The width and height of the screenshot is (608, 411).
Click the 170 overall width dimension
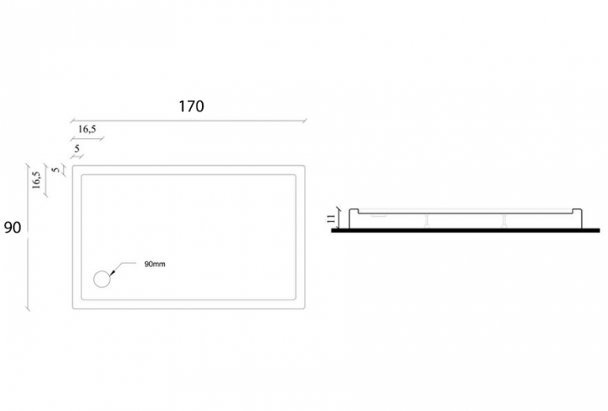coord(191,106)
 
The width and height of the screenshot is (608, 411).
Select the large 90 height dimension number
coord(13,228)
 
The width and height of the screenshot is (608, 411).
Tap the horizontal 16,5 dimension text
coord(87,130)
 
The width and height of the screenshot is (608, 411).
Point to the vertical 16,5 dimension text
coord(36,179)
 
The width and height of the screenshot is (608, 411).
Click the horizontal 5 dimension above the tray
coord(77,149)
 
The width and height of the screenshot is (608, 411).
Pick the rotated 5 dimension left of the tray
coord(56,170)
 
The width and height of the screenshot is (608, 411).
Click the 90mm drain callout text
coord(155,264)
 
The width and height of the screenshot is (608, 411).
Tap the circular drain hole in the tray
coord(102,279)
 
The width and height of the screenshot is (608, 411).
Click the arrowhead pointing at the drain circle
coord(112,273)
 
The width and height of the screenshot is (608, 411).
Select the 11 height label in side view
coord(331,218)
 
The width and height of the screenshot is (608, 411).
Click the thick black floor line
coord(465,231)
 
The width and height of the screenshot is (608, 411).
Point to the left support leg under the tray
coord(426,221)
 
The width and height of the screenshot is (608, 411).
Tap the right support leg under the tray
coord(504,221)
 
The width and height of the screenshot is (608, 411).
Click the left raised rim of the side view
coord(354,212)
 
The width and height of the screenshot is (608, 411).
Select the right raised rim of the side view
coord(577,212)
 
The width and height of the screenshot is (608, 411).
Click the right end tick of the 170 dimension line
coord(305,121)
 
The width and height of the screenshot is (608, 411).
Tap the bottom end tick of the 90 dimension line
coord(27,308)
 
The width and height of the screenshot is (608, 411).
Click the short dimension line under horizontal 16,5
coord(87,138)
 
